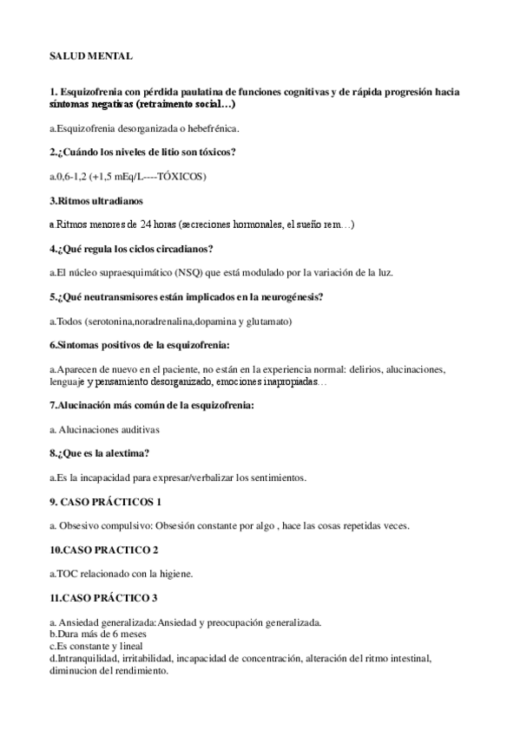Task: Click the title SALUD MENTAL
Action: [91, 56]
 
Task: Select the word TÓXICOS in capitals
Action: [181, 177]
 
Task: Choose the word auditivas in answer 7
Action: [139, 429]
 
